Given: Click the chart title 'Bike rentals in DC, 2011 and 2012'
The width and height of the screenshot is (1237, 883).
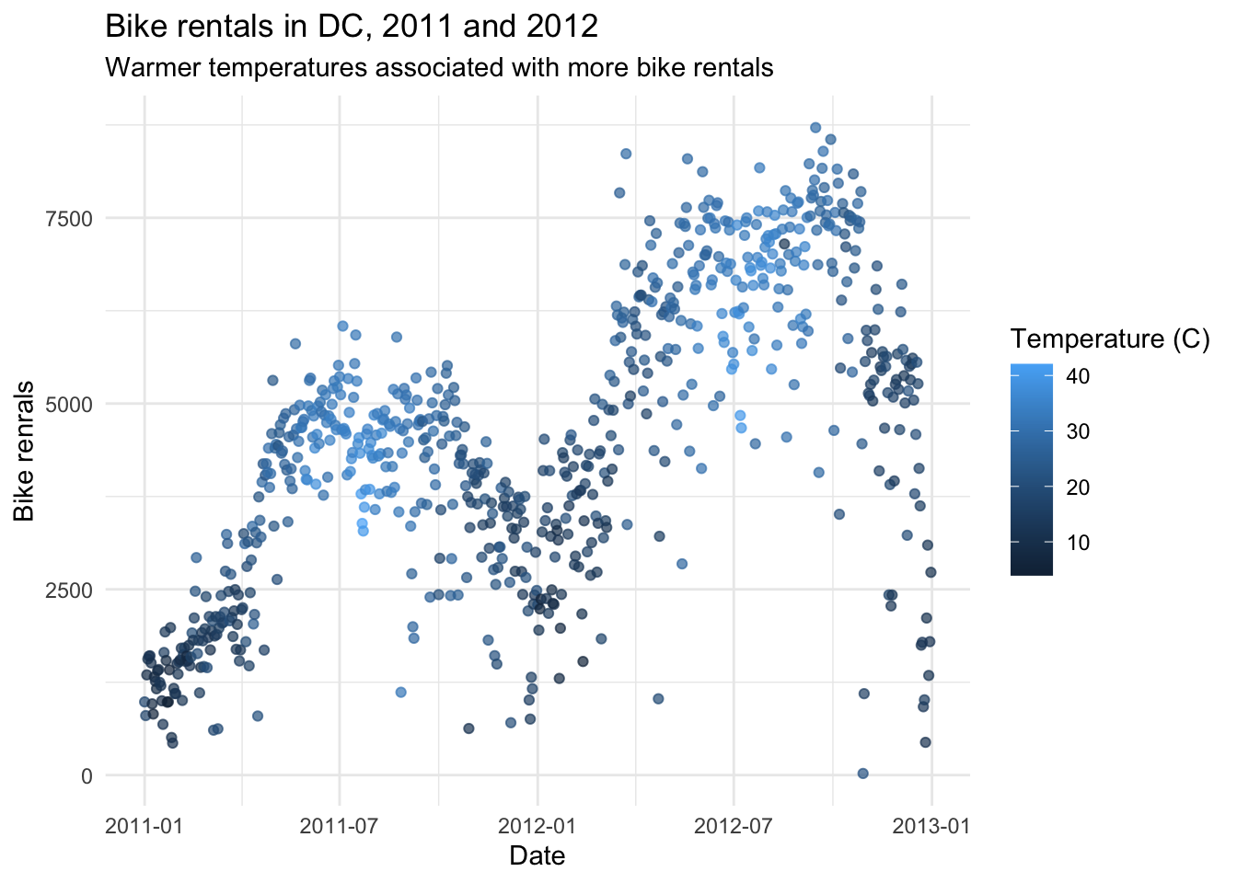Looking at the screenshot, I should coord(352,26).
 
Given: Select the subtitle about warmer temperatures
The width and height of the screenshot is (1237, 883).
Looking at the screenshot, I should coord(439,68).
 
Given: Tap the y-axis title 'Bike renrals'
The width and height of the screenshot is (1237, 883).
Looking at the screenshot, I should coord(25,451).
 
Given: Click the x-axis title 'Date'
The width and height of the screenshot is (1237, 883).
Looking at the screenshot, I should coord(537,855).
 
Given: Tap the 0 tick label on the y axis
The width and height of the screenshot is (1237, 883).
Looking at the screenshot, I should coord(87,775).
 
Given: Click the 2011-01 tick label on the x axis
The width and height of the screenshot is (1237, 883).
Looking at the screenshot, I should coord(144,825).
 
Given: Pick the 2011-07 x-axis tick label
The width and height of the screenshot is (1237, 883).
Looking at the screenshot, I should coord(340,825).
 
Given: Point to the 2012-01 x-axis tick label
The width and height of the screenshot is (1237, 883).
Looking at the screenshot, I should coord(537,825).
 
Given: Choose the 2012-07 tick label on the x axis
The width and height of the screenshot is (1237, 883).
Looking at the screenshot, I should coord(733,825).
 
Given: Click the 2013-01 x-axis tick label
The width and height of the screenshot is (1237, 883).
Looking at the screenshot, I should coord(931,825).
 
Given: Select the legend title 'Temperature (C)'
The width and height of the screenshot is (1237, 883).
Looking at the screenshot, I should coord(1109,339).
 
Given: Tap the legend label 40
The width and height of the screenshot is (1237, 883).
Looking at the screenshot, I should coord(1078,376).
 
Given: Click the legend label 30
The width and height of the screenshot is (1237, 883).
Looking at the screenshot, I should coord(1078,431).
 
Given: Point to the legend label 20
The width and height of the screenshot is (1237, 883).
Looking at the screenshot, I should coord(1078,487).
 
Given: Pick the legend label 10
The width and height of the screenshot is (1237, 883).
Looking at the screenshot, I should coord(1078,543).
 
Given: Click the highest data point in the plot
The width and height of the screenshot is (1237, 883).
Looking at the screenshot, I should coord(815,128).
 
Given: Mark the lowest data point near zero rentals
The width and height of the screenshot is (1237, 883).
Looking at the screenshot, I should coord(862,774).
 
